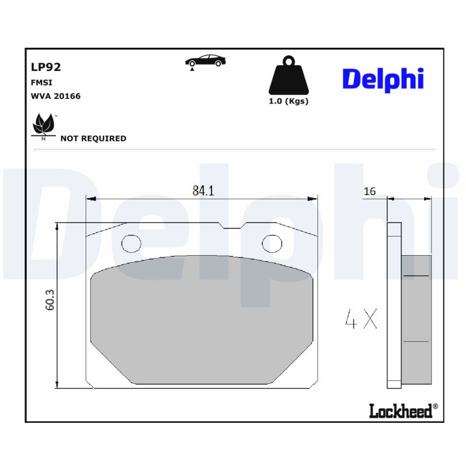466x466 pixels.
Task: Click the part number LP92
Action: pos(45,67)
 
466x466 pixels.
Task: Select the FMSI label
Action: pos(41,83)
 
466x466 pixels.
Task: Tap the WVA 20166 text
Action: pos(55,96)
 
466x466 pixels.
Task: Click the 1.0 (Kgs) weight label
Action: pos(288,101)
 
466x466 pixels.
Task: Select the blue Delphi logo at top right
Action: pos(383,79)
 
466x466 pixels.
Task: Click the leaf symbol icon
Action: pos(43,125)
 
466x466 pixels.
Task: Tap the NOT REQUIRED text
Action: pos(93,139)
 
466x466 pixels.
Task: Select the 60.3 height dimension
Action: pos(50,300)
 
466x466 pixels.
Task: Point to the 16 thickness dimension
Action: pos(369,192)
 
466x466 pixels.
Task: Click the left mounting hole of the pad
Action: pos(131,242)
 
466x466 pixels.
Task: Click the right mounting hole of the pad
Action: pos(272,242)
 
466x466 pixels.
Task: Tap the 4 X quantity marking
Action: pos(361,319)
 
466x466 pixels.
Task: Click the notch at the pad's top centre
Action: pos(232,227)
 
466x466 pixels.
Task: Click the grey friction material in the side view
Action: pos(416,319)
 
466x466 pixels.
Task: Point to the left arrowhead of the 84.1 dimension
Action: pos(90,199)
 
